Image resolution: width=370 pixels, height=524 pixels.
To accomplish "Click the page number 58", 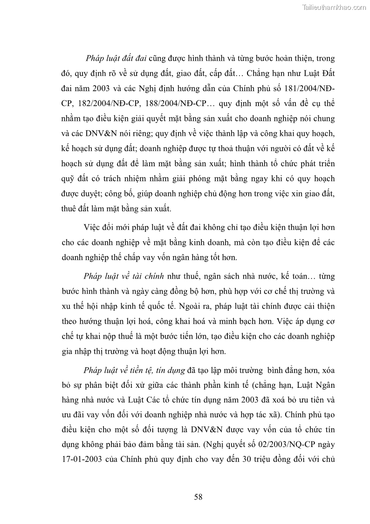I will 198,496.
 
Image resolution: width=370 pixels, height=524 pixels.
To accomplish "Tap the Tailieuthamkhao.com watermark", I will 335,7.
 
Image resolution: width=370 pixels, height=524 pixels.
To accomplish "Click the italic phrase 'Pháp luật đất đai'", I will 116,58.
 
